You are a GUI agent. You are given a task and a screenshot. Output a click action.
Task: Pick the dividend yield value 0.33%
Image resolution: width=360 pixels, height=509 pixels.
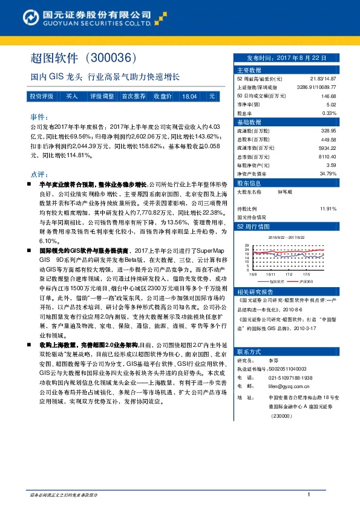[x=329, y=113]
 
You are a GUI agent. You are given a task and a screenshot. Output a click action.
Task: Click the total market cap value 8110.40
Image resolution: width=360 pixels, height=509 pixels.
[x=326, y=155]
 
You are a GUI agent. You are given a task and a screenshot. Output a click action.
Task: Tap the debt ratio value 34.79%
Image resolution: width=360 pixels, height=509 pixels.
[x=327, y=173]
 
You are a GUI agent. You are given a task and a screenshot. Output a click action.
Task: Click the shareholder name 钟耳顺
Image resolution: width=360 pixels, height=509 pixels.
[x=285, y=192]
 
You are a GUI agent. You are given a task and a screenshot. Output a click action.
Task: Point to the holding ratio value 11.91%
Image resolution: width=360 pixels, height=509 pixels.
[x=327, y=209]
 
